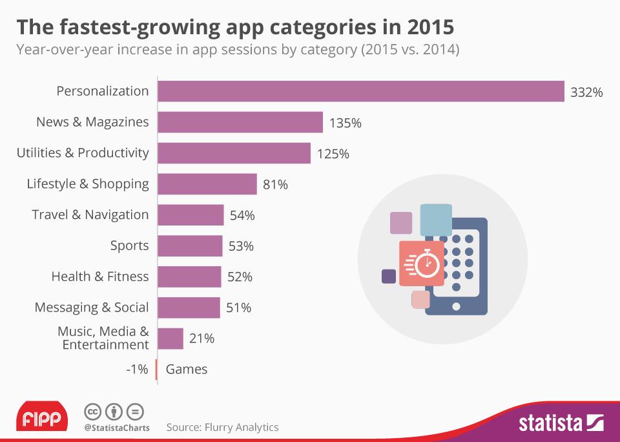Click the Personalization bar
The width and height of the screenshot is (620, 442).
point(361,91)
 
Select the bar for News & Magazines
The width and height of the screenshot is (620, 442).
point(240,122)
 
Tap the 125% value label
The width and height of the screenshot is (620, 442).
point(333,154)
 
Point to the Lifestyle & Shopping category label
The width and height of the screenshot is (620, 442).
point(88,184)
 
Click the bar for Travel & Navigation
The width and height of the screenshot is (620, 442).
point(191,215)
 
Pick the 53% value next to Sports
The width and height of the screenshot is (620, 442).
point(241,246)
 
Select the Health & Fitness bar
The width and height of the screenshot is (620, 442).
point(189,277)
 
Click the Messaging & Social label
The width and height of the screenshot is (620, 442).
point(92,307)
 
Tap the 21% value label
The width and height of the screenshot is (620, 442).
point(201,338)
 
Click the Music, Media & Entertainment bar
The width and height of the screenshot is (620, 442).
point(170,338)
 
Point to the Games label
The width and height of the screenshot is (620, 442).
point(187,370)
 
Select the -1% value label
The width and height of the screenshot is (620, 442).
point(138,370)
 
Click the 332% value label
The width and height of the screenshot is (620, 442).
point(586,92)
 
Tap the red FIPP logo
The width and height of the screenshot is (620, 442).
point(42,419)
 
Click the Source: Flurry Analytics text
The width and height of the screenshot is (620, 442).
point(222,427)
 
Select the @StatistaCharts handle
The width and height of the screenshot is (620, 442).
point(117,428)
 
